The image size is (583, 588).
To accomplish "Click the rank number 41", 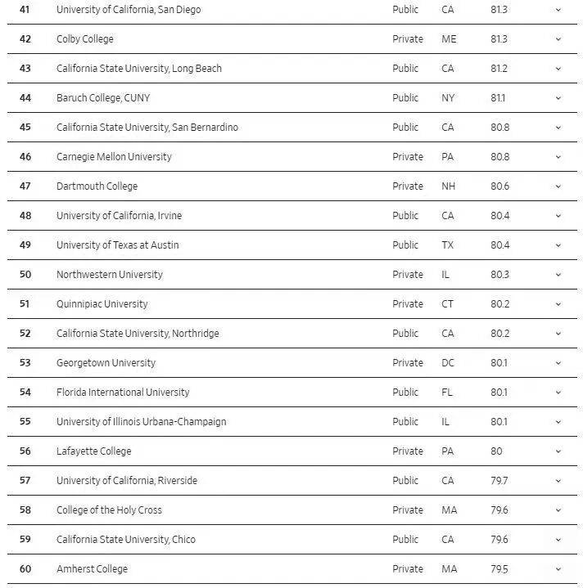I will tap(25, 10).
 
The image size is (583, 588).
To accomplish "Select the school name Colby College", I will tap(85, 39).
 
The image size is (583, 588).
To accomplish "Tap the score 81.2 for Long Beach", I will tap(499, 69).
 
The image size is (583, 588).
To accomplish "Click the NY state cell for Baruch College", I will tap(448, 98).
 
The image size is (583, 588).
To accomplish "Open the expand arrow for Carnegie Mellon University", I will tap(558, 157).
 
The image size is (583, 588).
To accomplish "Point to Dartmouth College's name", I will tap(97, 186).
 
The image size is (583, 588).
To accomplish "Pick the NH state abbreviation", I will tap(449, 186).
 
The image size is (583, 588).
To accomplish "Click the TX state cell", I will tap(448, 245).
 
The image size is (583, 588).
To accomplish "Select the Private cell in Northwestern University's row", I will tap(408, 275).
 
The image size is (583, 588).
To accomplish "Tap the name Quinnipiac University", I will tap(102, 304).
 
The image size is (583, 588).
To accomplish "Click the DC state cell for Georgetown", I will tap(448, 363).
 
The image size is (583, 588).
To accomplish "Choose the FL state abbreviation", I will tap(447, 393).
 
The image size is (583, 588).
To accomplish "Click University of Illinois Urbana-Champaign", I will tap(141, 422).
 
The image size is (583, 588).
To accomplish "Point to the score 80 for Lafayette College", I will tap(496, 451).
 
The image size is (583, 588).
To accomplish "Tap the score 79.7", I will tap(499, 481).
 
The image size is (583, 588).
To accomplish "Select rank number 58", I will tap(25, 510).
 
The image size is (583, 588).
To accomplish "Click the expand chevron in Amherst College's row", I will tap(558, 569).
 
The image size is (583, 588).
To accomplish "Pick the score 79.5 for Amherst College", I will tap(499, 569).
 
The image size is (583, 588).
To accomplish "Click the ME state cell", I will tap(449, 39).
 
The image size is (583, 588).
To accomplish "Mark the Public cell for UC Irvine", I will tap(405, 216).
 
